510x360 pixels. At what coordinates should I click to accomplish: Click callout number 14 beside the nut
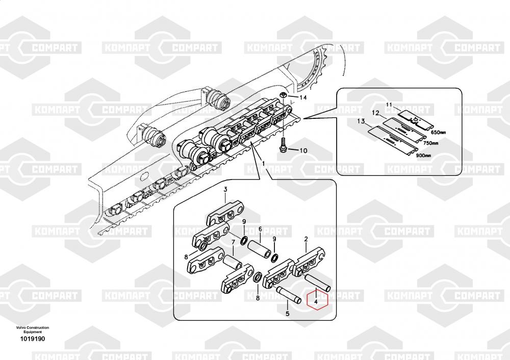[x=303, y=97]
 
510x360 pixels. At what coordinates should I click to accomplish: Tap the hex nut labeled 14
[x=284, y=95]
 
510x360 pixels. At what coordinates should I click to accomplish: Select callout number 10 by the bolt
[x=303, y=150]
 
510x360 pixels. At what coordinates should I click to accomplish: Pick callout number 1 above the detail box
[x=264, y=164]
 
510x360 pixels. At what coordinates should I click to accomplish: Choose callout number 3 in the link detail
[x=225, y=190]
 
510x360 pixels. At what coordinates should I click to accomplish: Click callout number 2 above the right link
[x=305, y=239]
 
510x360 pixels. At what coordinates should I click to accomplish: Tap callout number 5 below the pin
[x=287, y=314]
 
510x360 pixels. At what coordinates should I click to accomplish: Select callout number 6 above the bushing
[x=260, y=229]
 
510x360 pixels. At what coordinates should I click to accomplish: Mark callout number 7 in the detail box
[x=233, y=243]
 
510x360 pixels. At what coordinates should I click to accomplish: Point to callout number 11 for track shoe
[x=389, y=105]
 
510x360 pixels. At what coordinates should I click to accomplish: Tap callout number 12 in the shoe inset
[x=375, y=113]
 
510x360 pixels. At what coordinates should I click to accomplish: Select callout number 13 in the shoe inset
[x=361, y=121]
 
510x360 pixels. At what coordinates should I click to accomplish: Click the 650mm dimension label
[x=438, y=133]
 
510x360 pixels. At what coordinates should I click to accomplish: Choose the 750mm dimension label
[x=431, y=144]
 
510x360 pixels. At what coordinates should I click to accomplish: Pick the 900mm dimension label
[x=424, y=155]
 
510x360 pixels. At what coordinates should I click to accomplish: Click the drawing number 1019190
[x=32, y=339]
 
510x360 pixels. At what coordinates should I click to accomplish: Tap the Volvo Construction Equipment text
[x=32, y=329]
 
